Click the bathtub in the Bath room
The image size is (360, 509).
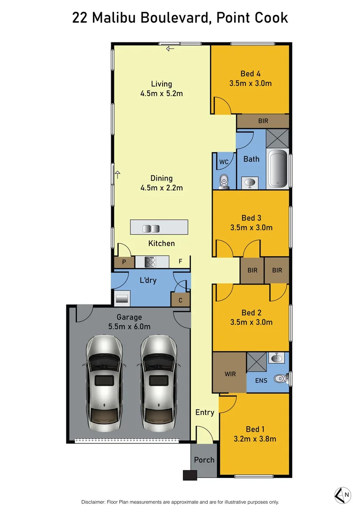(278, 169)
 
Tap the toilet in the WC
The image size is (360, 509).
(224, 180)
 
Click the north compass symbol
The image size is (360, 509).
(342, 494)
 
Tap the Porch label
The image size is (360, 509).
(204, 460)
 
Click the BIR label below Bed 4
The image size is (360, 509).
(263, 121)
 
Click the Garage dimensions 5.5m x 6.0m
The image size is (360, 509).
(129, 326)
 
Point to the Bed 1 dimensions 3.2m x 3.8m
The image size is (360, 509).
(255, 439)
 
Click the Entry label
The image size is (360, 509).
(205, 412)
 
